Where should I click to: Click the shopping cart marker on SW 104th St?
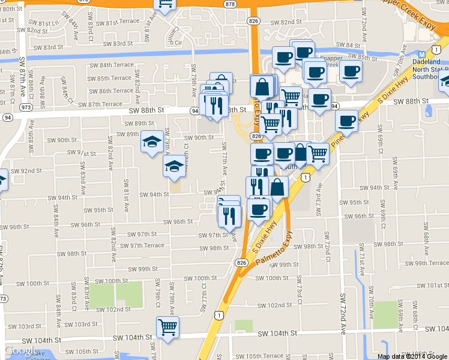[167, 327]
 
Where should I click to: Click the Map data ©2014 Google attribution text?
[412, 356]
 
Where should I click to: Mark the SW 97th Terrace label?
[142, 245]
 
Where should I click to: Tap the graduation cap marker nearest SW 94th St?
[175, 165]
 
